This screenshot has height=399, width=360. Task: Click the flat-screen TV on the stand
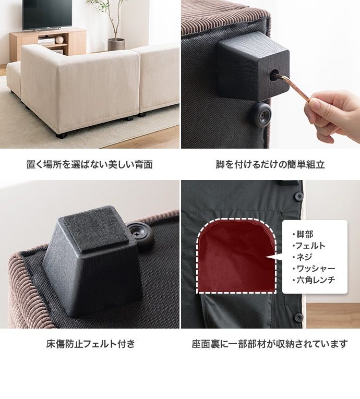47,15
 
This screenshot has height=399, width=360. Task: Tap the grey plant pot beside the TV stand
116,44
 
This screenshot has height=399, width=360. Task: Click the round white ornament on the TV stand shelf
59,40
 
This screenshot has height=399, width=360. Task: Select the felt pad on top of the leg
96,229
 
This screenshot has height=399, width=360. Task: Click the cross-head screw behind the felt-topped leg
138,233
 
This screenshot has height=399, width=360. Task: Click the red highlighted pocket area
236,256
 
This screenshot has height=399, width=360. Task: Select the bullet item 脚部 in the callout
303,234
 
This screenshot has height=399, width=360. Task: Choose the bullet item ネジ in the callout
302,257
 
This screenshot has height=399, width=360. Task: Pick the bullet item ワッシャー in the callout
314,269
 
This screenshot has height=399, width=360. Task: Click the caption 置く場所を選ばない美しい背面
90,164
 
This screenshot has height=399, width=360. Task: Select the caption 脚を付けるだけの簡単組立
270,164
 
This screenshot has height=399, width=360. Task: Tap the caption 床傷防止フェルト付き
90,344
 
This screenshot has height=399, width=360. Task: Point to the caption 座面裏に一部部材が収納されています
270,344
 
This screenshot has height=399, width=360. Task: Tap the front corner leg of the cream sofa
61,135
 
